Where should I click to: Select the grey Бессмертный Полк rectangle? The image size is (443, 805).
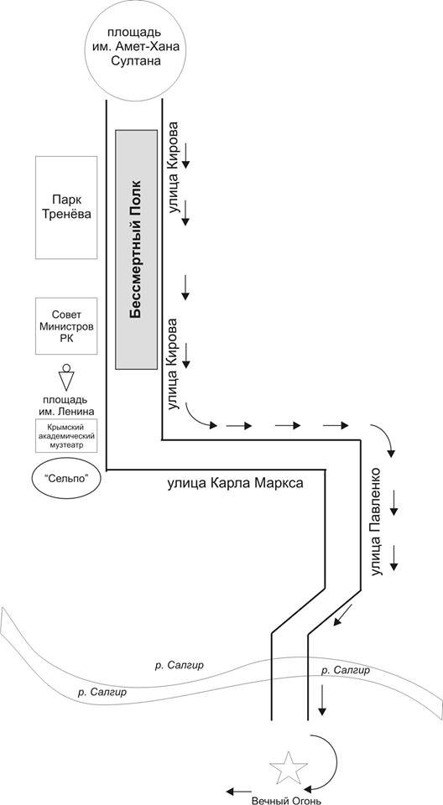tap(136, 250)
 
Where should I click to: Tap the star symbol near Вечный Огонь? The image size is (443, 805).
tap(289, 769)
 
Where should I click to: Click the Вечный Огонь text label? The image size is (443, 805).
tap(286, 800)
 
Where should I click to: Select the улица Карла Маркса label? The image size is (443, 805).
tap(236, 483)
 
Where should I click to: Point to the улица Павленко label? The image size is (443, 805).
tap(378, 521)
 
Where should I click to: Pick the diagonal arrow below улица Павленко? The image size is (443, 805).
tap(343, 615)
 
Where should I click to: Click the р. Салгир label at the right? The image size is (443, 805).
tap(345, 671)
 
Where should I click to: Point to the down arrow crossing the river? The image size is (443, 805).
tap(321, 699)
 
